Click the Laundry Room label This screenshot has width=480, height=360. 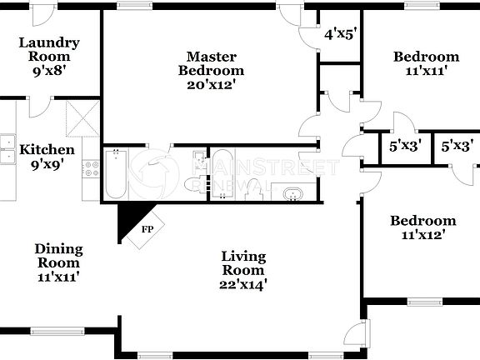click(49, 49)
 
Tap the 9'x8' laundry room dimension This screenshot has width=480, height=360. click(49, 72)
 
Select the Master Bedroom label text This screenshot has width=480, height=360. click(211, 63)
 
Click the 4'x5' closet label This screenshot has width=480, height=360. click(340, 35)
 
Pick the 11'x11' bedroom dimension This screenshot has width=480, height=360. click(426, 72)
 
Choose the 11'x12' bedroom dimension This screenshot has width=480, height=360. click(424, 235)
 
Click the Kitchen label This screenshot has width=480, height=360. click(47, 150)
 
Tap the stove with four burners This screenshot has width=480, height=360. click(90, 168)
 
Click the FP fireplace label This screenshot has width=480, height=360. click(147, 228)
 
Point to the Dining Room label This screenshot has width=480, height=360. click(58, 255)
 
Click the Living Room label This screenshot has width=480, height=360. click(243, 262)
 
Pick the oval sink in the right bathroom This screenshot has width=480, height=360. click(293, 195)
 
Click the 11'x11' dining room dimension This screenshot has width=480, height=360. click(58, 277)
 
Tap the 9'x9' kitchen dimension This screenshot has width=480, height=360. click(47, 165)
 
